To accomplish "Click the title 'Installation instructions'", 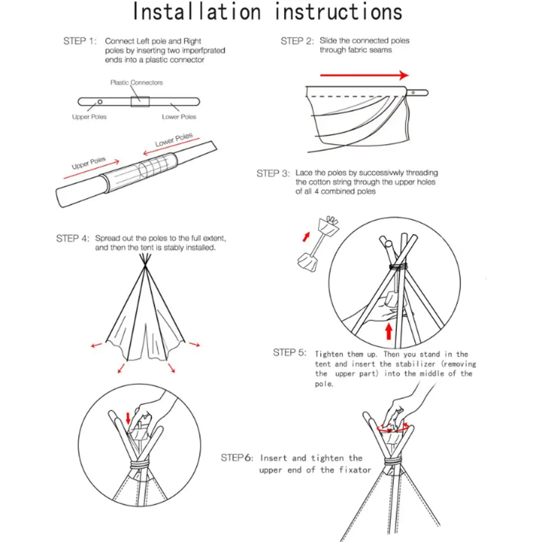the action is coord(267,13).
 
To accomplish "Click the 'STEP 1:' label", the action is coord(80,41).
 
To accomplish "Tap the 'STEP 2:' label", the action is coord(297,41).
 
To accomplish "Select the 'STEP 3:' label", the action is coord(273,173).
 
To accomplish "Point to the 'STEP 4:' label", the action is coord(73,238).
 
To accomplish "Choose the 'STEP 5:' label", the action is coord(290,352).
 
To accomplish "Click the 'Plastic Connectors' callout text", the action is coord(136,83).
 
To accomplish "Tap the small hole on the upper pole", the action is coord(100,102).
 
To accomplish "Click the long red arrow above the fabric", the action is coord(364,75).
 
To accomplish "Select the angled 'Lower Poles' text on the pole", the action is coord(174,140).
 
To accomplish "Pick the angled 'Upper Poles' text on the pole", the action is coord(89,163).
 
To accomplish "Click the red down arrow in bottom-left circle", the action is coord(128,418).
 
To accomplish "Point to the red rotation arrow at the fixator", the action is coord(393,427).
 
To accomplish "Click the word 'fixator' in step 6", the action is coord(355,470).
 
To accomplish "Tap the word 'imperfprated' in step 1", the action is coord(204,51).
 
